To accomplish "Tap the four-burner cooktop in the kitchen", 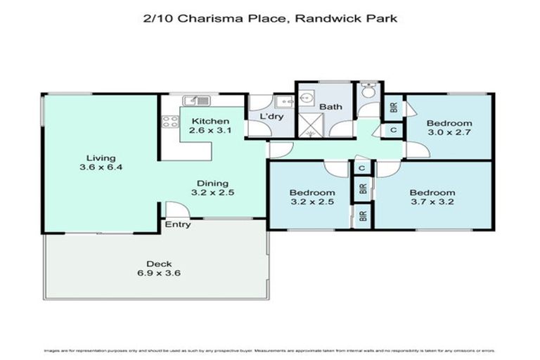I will pyautogui.click(x=169, y=121).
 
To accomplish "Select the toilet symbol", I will pyautogui.click(x=367, y=92).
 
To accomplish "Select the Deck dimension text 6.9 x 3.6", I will pyautogui.click(x=159, y=274).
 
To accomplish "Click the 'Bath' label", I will pyautogui.click(x=330, y=107).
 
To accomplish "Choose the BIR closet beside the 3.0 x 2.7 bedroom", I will pyautogui.click(x=392, y=108).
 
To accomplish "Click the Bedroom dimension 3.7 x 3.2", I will pyautogui.click(x=432, y=202).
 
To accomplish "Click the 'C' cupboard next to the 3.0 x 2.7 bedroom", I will pyautogui.click(x=392, y=131).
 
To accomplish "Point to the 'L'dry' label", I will pyautogui.click(x=271, y=116).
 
